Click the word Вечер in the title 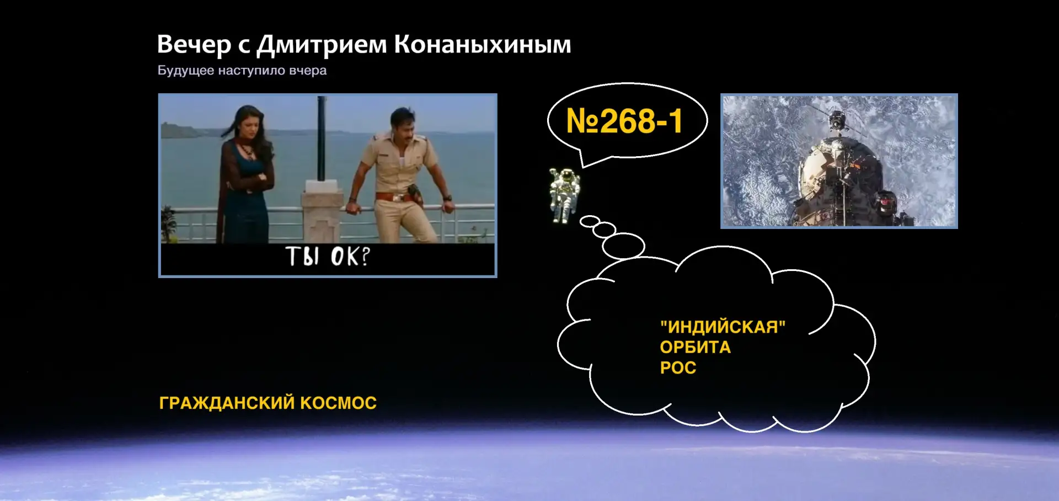click(x=194, y=45)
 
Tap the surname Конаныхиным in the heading click(x=483, y=45)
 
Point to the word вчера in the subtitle click(x=308, y=71)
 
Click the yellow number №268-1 click(x=624, y=121)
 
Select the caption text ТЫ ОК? click(x=328, y=257)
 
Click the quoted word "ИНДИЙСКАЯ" click(x=723, y=327)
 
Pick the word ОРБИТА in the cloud click(x=696, y=348)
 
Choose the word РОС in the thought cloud click(x=678, y=368)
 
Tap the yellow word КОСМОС click(x=338, y=403)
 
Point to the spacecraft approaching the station click(x=837, y=119)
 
